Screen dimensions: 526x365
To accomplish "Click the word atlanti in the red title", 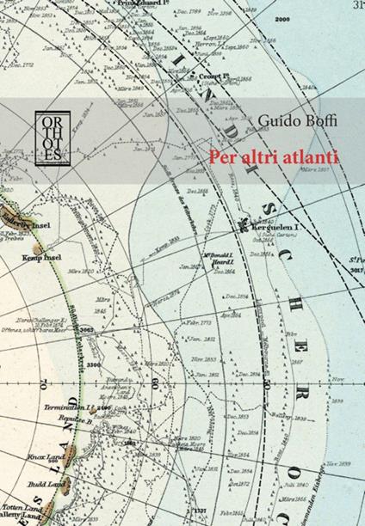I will [305, 156].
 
